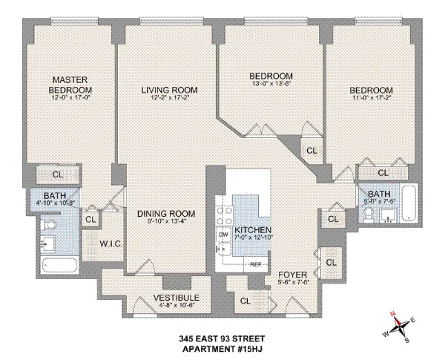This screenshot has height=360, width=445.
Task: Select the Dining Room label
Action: coord(165,214)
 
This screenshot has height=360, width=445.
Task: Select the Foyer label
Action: coord(288,273)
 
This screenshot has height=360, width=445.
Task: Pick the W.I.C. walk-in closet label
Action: coord(110,243)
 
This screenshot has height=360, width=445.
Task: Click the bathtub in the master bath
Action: coord(67,265)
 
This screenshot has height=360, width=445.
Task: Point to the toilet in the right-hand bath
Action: coord(369,214)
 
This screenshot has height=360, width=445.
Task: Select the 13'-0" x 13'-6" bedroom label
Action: coord(271,76)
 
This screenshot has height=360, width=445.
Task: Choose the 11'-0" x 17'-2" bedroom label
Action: coord(371,91)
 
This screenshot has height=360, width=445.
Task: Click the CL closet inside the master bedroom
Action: coord(58,175)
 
